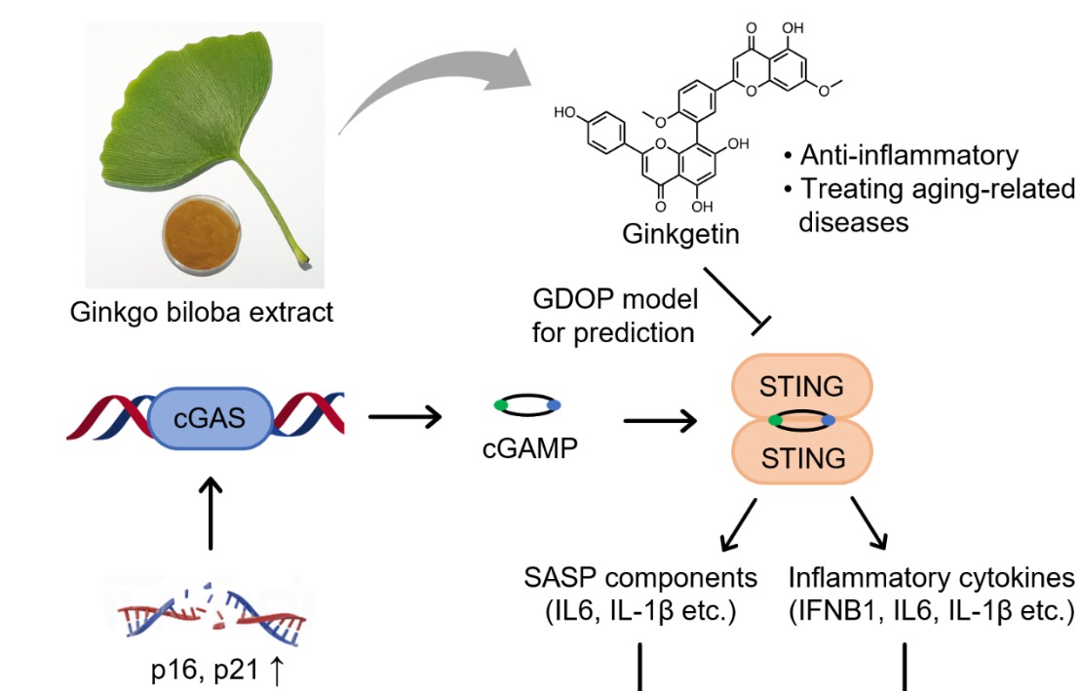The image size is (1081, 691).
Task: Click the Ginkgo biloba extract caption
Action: pyautogui.click(x=202, y=312)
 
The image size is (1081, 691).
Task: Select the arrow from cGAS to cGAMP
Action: pyautogui.click(x=405, y=420)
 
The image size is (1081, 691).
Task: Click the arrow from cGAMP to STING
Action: pyautogui.click(x=660, y=421)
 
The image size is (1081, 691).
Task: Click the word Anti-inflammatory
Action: pyautogui.click(x=908, y=156)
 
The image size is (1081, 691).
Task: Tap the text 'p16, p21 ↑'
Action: pyautogui.click(x=208, y=672)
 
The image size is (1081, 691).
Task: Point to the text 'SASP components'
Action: pyautogui.click(x=638, y=578)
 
